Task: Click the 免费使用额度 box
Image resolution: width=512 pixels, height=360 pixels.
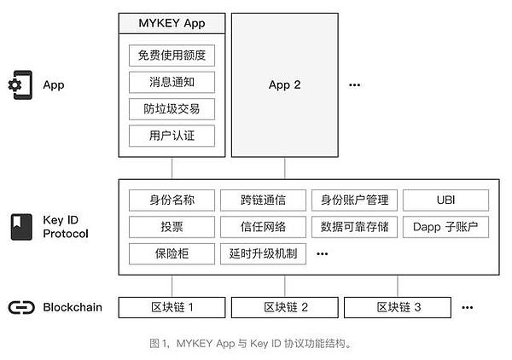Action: [172, 56]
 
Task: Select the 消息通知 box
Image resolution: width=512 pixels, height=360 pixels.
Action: [172, 83]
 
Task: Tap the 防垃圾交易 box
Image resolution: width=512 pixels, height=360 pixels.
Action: [172, 109]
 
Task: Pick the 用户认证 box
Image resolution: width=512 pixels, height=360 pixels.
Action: [172, 136]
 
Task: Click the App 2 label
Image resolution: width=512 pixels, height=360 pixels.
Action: [285, 85]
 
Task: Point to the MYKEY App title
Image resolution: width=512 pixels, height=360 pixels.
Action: [172, 23]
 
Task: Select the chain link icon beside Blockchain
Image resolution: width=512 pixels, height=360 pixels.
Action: [19, 307]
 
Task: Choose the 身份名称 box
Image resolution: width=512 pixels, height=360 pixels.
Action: [172, 200]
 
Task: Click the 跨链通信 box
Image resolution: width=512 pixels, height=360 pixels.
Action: [263, 200]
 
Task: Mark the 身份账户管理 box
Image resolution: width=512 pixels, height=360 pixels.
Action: [354, 200]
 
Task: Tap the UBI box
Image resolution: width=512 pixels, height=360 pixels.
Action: [445, 200]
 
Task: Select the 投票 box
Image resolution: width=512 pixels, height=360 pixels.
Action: [172, 227]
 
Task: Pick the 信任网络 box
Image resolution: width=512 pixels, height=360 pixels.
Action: [263, 227]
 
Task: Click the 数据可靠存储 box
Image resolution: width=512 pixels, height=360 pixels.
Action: [354, 227]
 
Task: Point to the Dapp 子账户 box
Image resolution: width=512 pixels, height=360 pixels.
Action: [445, 227]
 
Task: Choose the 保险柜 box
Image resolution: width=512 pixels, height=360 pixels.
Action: [172, 253]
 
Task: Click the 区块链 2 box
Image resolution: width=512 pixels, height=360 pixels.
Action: [285, 307]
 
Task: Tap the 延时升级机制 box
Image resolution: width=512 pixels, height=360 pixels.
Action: [263, 253]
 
